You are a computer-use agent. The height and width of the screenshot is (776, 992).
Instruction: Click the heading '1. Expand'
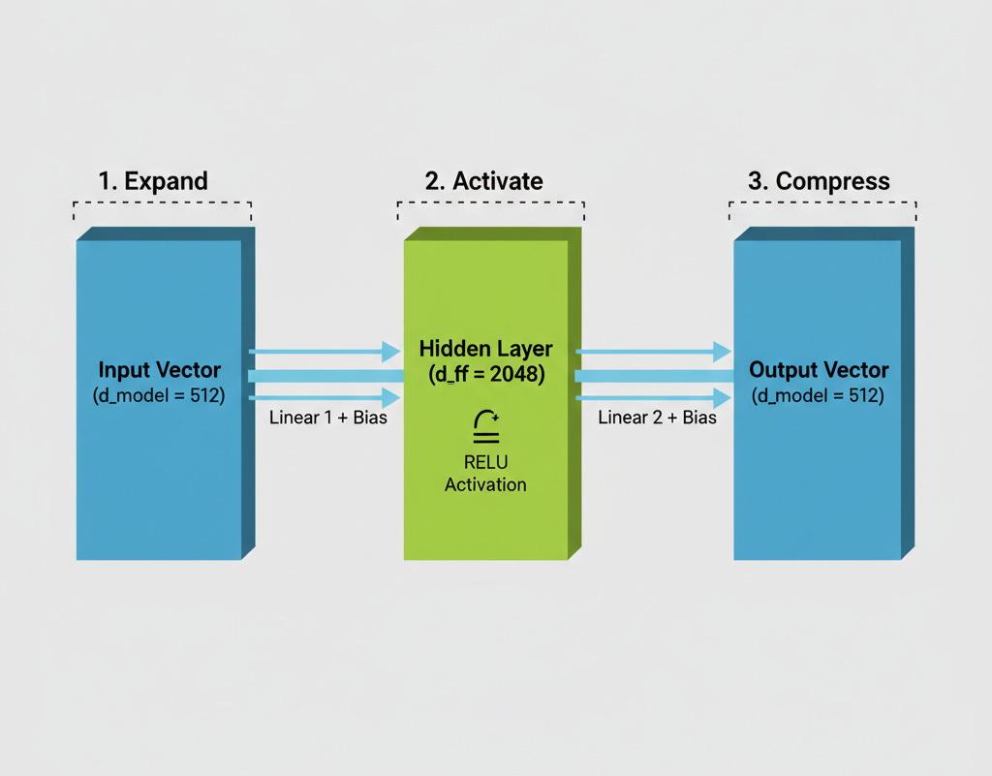[x=153, y=181]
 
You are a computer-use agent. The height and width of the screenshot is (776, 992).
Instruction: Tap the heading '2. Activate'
[x=483, y=181]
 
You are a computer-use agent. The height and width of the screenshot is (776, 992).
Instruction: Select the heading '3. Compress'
[x=819, y=181]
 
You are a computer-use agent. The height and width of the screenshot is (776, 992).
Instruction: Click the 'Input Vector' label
[x=159, y=370]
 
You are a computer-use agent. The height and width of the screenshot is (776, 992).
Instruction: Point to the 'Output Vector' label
[x=819, y=370]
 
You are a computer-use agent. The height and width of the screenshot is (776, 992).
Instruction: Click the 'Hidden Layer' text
[x=485, y=349]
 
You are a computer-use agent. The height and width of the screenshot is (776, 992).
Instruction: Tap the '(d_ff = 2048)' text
[x=485, y=373]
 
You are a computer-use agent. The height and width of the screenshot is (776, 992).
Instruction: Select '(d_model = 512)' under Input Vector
[x=159, y=395]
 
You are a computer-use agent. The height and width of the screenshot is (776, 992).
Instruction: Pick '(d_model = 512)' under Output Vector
[x=819, y=395]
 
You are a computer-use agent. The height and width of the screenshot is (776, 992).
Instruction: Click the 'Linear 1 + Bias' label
[x=328, y=418]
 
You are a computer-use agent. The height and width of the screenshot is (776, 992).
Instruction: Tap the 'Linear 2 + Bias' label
[x=657, y=418]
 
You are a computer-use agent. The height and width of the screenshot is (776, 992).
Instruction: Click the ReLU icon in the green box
[x=485, y=425]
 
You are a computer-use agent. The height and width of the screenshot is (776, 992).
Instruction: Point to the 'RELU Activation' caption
[x=485, y=474]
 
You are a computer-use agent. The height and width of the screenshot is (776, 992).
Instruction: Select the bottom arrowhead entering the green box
[x=391, y=397]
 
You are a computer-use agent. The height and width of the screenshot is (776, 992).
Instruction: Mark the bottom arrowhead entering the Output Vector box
[x=722, y=397]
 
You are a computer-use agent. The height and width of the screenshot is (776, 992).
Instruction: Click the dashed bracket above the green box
[x=490, y=203]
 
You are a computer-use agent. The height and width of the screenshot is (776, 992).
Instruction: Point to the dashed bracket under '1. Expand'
[x=162, y=203]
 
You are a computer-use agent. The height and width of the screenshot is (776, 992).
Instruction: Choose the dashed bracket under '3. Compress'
[x=822, y=203]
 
